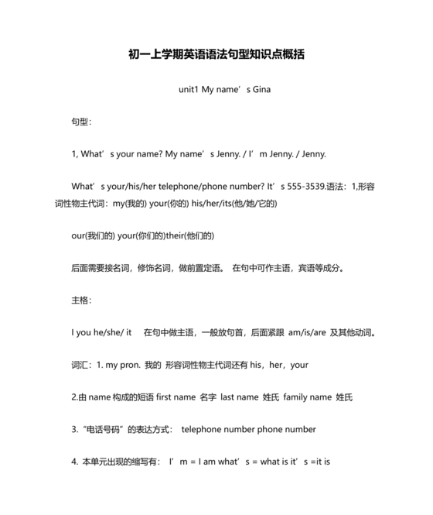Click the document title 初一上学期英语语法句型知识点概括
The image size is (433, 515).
[216, 54]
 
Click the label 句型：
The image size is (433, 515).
[81, 122]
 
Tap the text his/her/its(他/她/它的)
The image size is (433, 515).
[235, 203]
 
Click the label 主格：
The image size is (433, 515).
[81, 300]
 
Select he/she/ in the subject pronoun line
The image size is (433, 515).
[107, 332]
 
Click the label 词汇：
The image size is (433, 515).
[81, 364]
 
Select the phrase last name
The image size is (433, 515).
[239, 397]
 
